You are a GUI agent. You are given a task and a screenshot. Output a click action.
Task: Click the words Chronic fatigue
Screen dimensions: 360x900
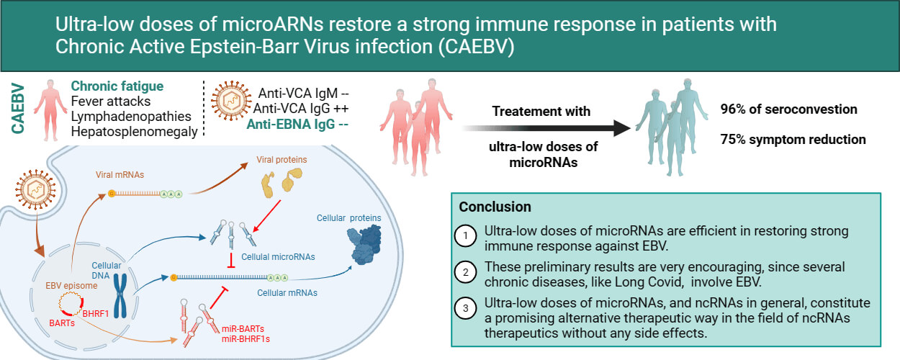click(x=117, y=86)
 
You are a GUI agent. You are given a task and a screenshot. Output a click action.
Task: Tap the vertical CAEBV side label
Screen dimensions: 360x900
click(x=19, y=108)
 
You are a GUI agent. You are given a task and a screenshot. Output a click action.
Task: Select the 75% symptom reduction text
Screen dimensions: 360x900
click(x=793, y=139)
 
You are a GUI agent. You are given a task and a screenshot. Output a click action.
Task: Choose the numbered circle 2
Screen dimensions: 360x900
click(x=465, y=273)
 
